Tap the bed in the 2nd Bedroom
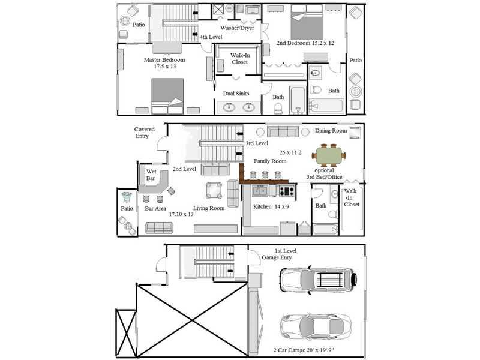pyautogui.click(x=307, y=22)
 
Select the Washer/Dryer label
pyautogui.click(x=237, y=28)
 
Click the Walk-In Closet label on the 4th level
pyautogui.click(x=239, y=59)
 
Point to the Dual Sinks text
pyautogui.click(x=236, y=94)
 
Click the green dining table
pyautogui.click(x=329, y=155)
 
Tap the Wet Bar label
pyautogui.click(x=151, y=175)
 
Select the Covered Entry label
pyautogui.click(x=144, y=133)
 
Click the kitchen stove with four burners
pyautogui.click(x=287, y=191)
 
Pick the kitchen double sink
pyautogui.click(x=260, y=190)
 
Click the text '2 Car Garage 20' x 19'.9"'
pyautogui.click(x=306, y=350)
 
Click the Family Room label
pyautogui.click(x=270, y=161)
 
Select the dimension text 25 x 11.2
pyautogui.click(x=290, y=152)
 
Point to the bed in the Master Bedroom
pyautogui.click(x=167, y=96)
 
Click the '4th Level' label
pyautogui.click(x=211, y=37)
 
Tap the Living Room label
pyautogui.click(x=209, y=208)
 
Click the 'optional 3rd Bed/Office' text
pyautogui.click(x=325, y=173)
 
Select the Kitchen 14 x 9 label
pyautogui.click(x=271, y=206)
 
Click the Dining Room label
pyautogui.click(x=331, y=131)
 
